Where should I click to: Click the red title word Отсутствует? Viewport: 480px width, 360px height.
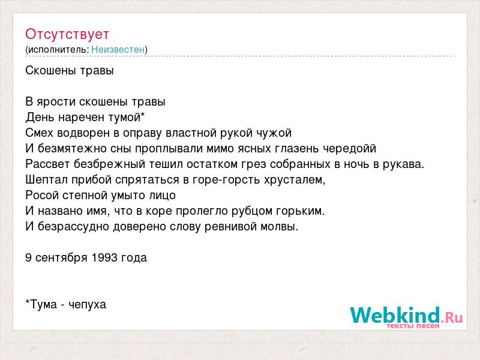click(x=67, y=34)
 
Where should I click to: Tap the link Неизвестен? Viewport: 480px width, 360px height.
click(x=118, y=49)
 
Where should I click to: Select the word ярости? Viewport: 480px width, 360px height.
click(x=56, y=102)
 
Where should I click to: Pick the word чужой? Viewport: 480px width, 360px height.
click(x=274, y=133)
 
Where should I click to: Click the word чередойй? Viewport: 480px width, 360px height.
click(x=350, y=149)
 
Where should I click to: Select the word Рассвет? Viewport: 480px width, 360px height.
click(x=47, y=164)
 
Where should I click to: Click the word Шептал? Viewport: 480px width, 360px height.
click(x=47, y=179)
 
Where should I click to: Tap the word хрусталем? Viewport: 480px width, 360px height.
click(x=295, y=180)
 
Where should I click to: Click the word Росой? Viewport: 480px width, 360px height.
click(x=42, y=196)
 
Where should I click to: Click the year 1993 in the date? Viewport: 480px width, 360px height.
click(x=104, y=258)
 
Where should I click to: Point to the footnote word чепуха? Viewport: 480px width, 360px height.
click(x=87, y=305)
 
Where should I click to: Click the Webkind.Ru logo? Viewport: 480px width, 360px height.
click(x=406, y=317)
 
